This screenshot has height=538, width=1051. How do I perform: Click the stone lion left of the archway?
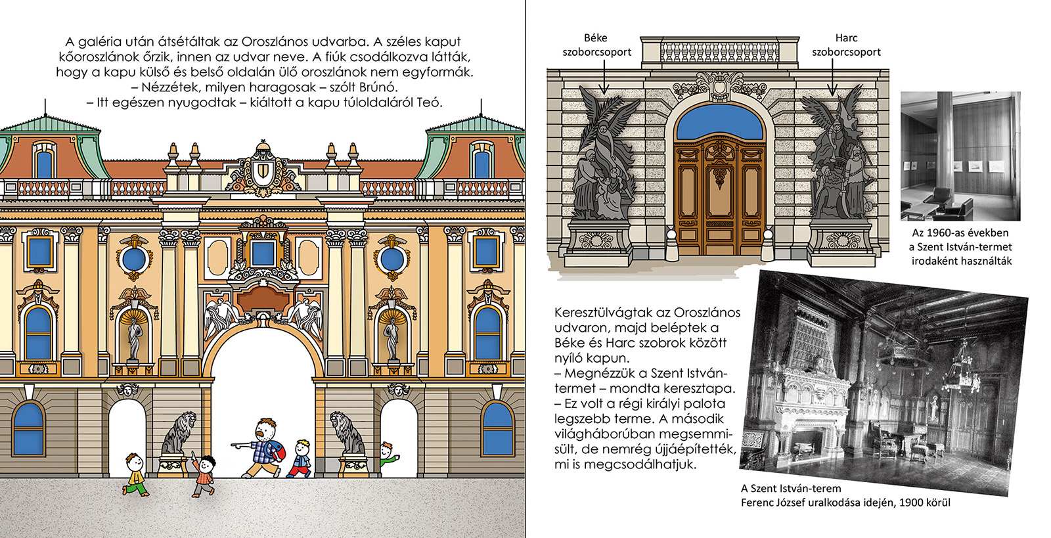point(179,434)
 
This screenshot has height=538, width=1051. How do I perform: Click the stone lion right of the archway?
point(347,434)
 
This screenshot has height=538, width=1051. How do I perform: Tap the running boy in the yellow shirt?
point(135,474)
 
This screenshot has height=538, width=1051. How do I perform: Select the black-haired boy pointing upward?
point(203,474)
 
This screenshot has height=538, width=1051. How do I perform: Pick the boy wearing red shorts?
point(300,459)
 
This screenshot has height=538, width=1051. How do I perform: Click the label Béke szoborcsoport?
point(596,45)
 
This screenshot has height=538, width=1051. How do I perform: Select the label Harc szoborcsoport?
point(846,45)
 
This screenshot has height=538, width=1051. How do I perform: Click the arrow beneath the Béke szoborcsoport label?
point(604,77)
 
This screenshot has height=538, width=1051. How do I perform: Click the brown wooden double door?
point(719,197)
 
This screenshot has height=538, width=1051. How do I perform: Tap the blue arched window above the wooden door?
point(719,122)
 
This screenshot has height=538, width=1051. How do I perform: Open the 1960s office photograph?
point(960,156)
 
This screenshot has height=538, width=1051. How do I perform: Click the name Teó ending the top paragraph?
point(429,102)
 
